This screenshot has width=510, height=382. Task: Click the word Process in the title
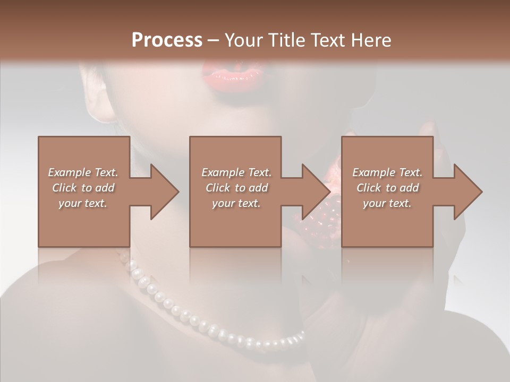coord(167,40)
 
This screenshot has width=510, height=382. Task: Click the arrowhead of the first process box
coord(163,192)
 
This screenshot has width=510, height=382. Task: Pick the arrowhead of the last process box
coord(466,192)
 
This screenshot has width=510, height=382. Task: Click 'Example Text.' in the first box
coord(83,172)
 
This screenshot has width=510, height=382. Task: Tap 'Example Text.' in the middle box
coord(236,172)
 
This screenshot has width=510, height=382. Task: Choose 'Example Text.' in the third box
coord(387,172)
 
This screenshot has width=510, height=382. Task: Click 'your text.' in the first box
coord(83,203)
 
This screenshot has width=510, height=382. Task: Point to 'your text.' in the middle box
coord(236,203)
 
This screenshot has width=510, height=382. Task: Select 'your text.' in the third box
coord(387,203)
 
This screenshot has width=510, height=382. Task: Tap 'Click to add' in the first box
coord(83,188)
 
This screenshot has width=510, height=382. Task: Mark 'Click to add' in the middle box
coord(236,188)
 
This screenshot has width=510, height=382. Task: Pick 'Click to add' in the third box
coord(387,188)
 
